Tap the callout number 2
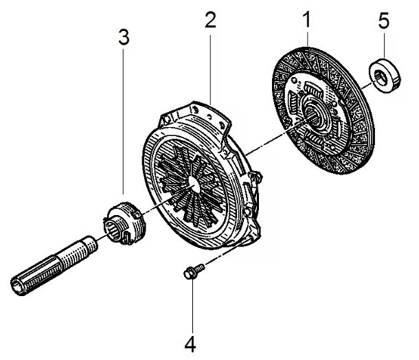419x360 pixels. click(x=209, y=19)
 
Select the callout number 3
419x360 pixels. click(x=123, y=38)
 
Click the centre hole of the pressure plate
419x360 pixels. click(x=192, y=183)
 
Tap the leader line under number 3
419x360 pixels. click(x=123, y=124)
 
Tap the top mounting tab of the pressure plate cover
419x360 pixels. click(x=206, y=111)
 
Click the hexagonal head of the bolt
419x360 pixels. click(x=186, y=273)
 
